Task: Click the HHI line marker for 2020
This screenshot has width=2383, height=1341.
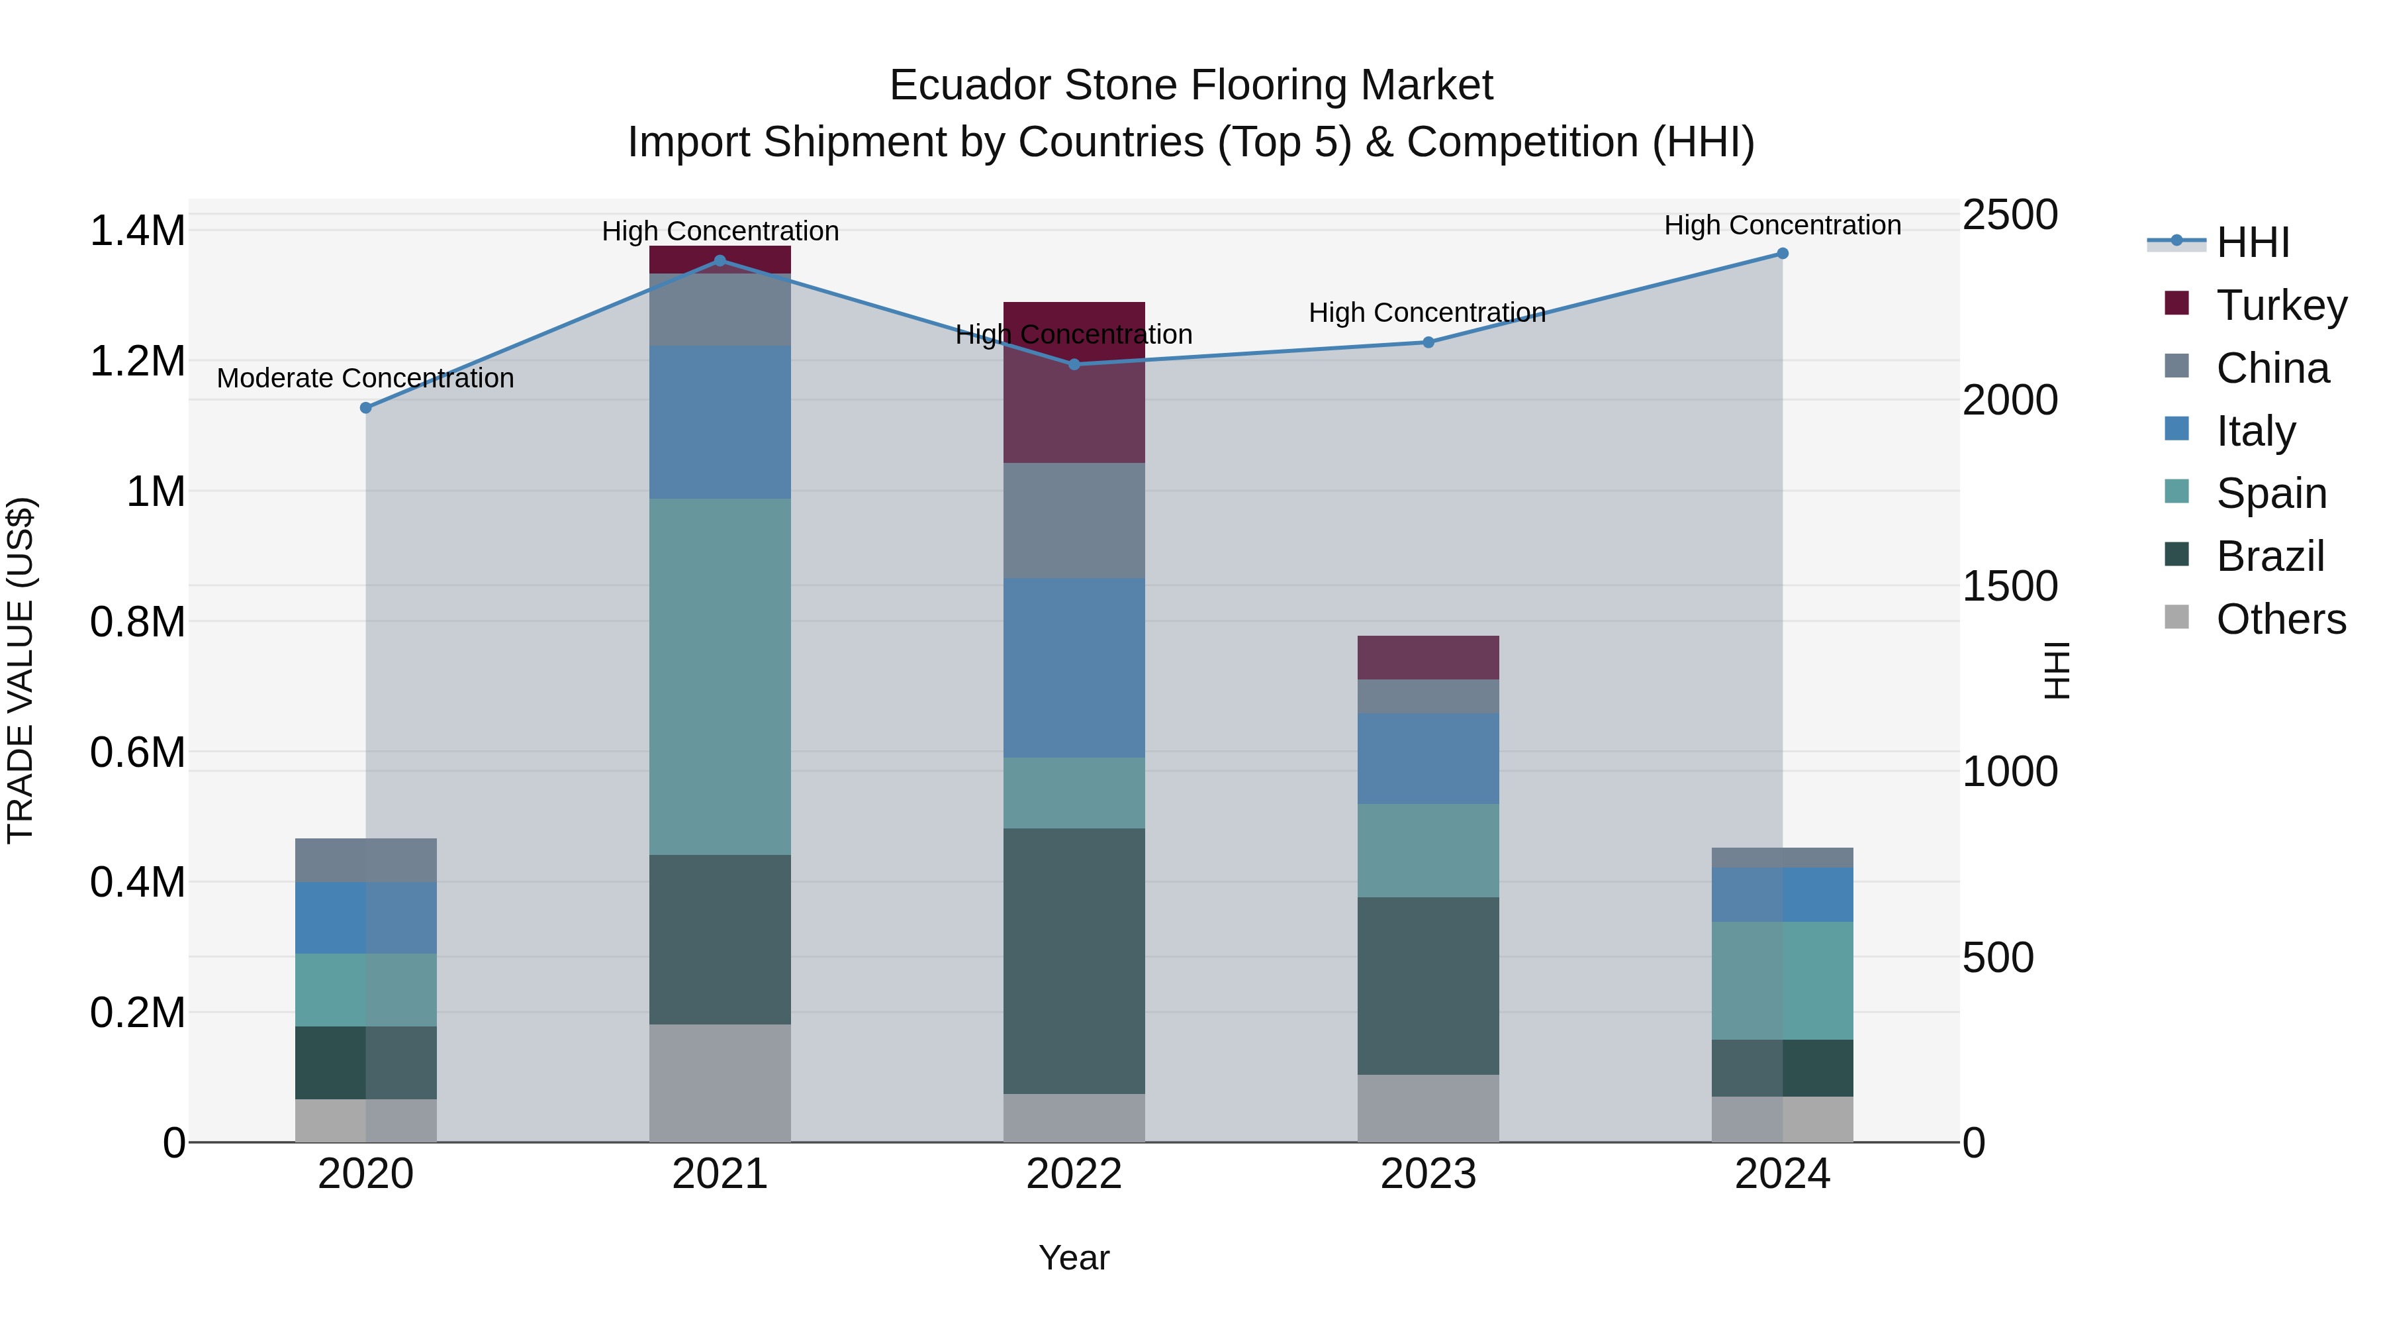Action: click(x=365, y=408)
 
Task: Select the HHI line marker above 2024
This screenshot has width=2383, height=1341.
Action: click(x=1783, y=254)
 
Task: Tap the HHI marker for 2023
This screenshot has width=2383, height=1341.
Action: click(x=1428, y=342)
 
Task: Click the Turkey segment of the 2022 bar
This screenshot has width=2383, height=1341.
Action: click(x=1074, y=407)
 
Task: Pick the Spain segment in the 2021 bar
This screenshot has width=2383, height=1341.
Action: click(x=720, y=675)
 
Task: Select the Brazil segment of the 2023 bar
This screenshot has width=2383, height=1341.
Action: click(x=1428, y=985)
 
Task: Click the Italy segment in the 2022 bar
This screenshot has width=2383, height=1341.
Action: click(x=1074, y=668)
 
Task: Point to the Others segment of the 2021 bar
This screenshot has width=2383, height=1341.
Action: click(x=720, y=1083)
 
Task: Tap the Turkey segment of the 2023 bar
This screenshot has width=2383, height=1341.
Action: click(x=1428, y=658)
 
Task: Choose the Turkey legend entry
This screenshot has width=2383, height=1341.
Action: click(x=2280, y=305)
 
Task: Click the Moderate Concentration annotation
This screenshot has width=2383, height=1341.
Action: click(x=365, y=379)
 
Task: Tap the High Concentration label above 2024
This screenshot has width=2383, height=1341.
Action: click(x=1783, y=226)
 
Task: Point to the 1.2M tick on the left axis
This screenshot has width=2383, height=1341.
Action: click(x=137, y=361)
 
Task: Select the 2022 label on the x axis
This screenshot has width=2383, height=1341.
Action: click(x=1074, y=1174)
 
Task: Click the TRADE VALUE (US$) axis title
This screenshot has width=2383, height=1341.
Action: click(x=21, y=670)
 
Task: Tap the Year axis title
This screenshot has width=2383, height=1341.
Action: click(x=1074, y=1258)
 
